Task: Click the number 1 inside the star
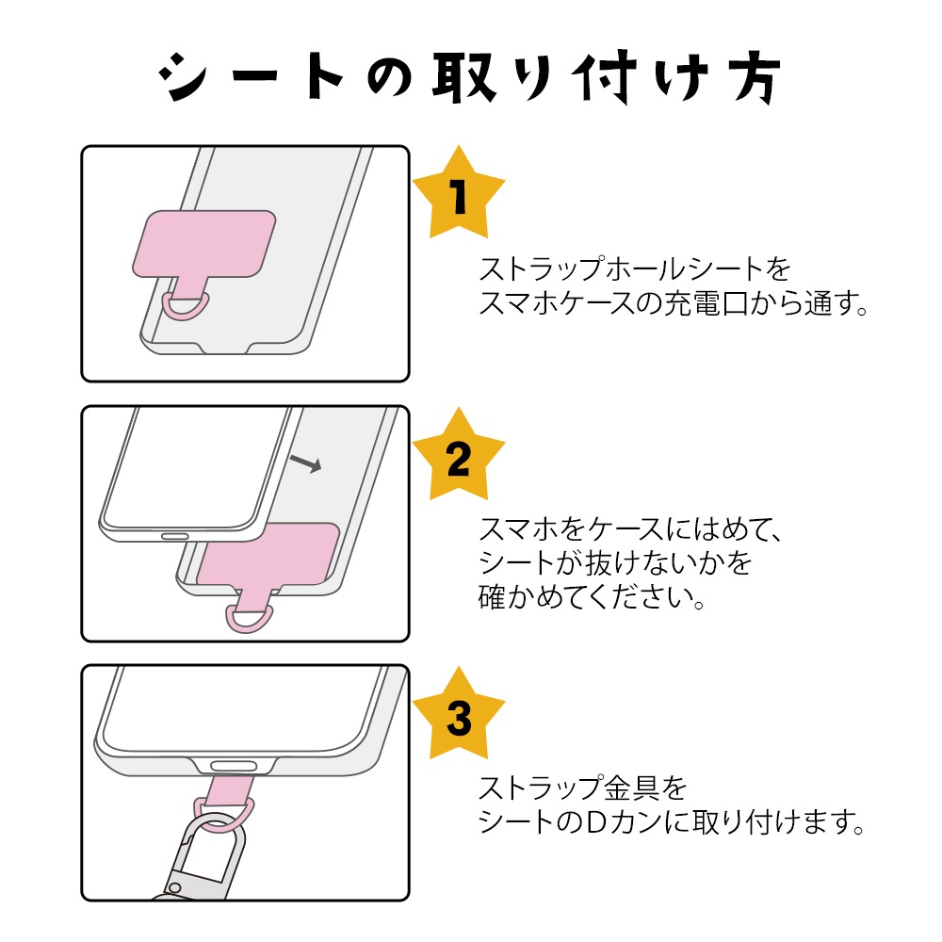click(459, 199)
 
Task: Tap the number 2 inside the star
click(458, 459)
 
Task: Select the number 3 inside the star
click(459, 719)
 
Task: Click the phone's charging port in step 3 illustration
click(234, 765)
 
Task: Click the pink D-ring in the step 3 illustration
click(224, 812)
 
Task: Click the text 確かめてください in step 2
click(593, 597)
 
